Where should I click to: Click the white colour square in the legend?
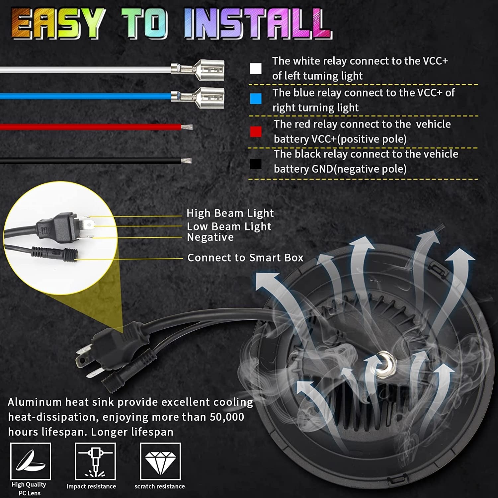256,68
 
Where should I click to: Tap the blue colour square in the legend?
256,99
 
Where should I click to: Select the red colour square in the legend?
256,132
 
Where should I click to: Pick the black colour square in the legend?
256,164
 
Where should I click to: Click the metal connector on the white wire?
198,70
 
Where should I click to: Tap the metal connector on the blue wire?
198,98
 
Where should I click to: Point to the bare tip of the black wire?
187,161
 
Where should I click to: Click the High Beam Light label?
230,213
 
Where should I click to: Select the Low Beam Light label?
229,227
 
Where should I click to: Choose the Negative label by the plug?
210,237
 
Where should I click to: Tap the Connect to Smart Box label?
245,258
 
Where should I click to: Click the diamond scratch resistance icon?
160,461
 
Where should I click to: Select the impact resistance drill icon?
95,461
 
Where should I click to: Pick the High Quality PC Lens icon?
31,461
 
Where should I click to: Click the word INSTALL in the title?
258,24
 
